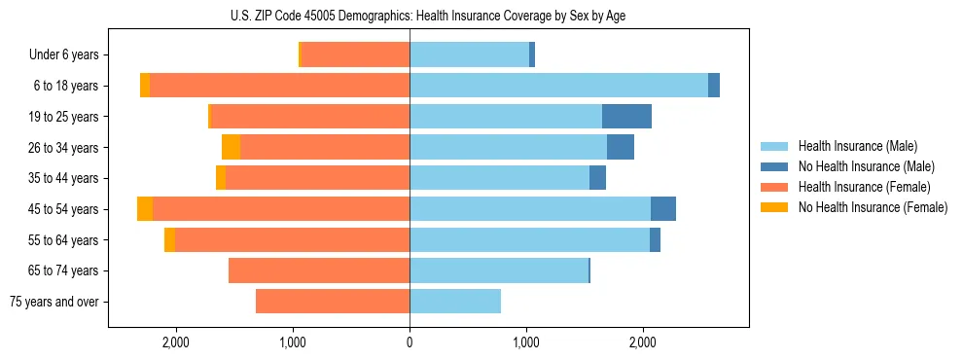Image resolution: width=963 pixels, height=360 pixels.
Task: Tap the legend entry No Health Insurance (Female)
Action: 872,207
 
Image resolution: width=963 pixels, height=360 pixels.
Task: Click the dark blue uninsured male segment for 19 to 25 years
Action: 626,117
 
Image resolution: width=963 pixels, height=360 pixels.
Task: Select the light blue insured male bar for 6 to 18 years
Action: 558,86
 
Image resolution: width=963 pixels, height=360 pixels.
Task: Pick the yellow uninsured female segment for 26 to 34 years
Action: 231,147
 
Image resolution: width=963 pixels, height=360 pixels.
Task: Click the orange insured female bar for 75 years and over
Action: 333,302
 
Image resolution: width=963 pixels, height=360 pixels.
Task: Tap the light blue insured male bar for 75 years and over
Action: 455,302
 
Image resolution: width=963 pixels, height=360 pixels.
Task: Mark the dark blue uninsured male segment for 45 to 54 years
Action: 663,209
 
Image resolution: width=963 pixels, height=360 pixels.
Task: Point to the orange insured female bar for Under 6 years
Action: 355,55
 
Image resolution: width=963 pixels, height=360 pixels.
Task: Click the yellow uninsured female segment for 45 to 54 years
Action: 145,209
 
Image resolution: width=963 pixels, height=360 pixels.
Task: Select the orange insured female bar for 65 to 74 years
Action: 319,270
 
